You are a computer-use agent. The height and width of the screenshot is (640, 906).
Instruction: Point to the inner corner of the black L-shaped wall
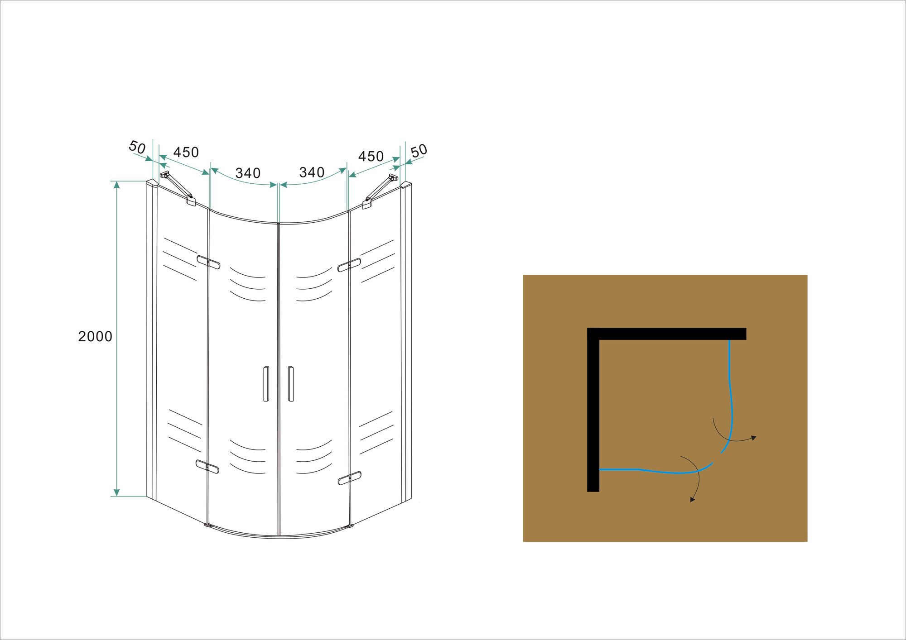[x=600, y=340]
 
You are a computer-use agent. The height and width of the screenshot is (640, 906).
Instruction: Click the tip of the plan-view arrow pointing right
[x=756, y=437]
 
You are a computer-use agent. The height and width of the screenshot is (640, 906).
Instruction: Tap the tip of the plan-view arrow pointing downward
[x=691, y=502]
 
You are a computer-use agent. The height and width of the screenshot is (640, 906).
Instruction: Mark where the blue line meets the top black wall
[x=729, y=340]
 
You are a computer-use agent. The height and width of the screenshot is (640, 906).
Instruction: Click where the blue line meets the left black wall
[x=600, y=469]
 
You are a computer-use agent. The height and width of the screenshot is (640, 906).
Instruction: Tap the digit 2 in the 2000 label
[x=82, y=336]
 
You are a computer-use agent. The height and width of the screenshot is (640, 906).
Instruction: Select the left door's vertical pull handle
[x=266, y=383]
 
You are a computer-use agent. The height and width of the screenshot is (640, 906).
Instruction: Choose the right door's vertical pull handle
[x=290, y=383]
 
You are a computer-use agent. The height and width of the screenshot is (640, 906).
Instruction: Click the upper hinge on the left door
[x=208, y=261]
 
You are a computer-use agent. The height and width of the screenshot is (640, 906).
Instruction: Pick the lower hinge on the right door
[x=350, y=478]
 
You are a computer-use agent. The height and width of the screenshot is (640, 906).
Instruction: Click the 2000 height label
[x=95, y=336]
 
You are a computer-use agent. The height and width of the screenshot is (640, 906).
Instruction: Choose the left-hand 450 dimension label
[x=186, y=152]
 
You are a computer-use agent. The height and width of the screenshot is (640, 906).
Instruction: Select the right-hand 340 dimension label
[x=312, y=172]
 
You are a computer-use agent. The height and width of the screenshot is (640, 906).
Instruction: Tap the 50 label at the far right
[x=419, y=150]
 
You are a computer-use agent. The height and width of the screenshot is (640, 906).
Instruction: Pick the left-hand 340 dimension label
[x=248, y=173]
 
